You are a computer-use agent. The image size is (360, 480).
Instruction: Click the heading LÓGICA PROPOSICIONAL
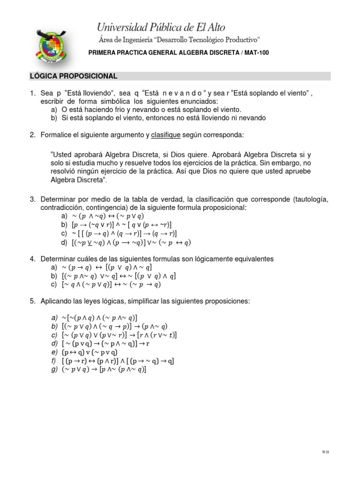click(x=74, y=76)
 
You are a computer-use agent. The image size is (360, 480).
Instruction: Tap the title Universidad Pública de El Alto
click(x=161, y=27)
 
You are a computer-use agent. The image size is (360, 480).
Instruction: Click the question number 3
click(x=32, y=199)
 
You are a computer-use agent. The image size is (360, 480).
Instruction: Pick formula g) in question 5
click(x=104, y=369)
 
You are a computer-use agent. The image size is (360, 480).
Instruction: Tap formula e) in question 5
click(x=90, y=352)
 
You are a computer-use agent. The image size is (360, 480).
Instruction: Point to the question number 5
click(x=32, y=301)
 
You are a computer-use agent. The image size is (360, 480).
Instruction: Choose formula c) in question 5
click(x=119, y=335)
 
